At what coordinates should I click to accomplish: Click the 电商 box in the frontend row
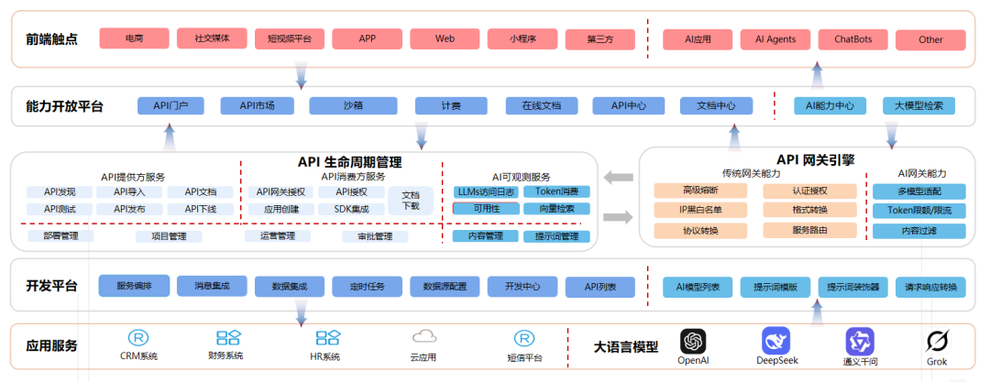pos(134,38)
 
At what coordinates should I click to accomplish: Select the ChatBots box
pos(852,39)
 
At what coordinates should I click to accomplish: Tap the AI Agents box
pos(775,39)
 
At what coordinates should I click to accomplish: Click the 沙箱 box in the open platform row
pos(352,105)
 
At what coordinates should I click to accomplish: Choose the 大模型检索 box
pos(918,105)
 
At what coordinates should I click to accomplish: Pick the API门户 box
pos(170,105)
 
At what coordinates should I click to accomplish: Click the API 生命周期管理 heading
pos(350,162)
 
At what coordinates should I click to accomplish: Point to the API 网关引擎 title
pos(815,159)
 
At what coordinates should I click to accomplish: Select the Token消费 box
pos(557,192)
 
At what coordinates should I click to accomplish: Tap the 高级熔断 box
pos(699,191)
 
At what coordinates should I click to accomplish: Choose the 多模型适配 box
pos(919,191)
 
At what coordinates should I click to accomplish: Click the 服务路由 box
pos(808,231)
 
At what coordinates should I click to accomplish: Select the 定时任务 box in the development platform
pos(368,287)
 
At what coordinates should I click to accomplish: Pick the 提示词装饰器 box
pos(853,287)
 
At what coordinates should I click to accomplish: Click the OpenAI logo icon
pos(693,341)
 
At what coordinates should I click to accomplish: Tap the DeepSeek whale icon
pos(775,341)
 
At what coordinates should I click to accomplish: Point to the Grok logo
pos(936,342)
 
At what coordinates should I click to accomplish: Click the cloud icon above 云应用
pos(423,337)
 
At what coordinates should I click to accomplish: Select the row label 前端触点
pos(52,39)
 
